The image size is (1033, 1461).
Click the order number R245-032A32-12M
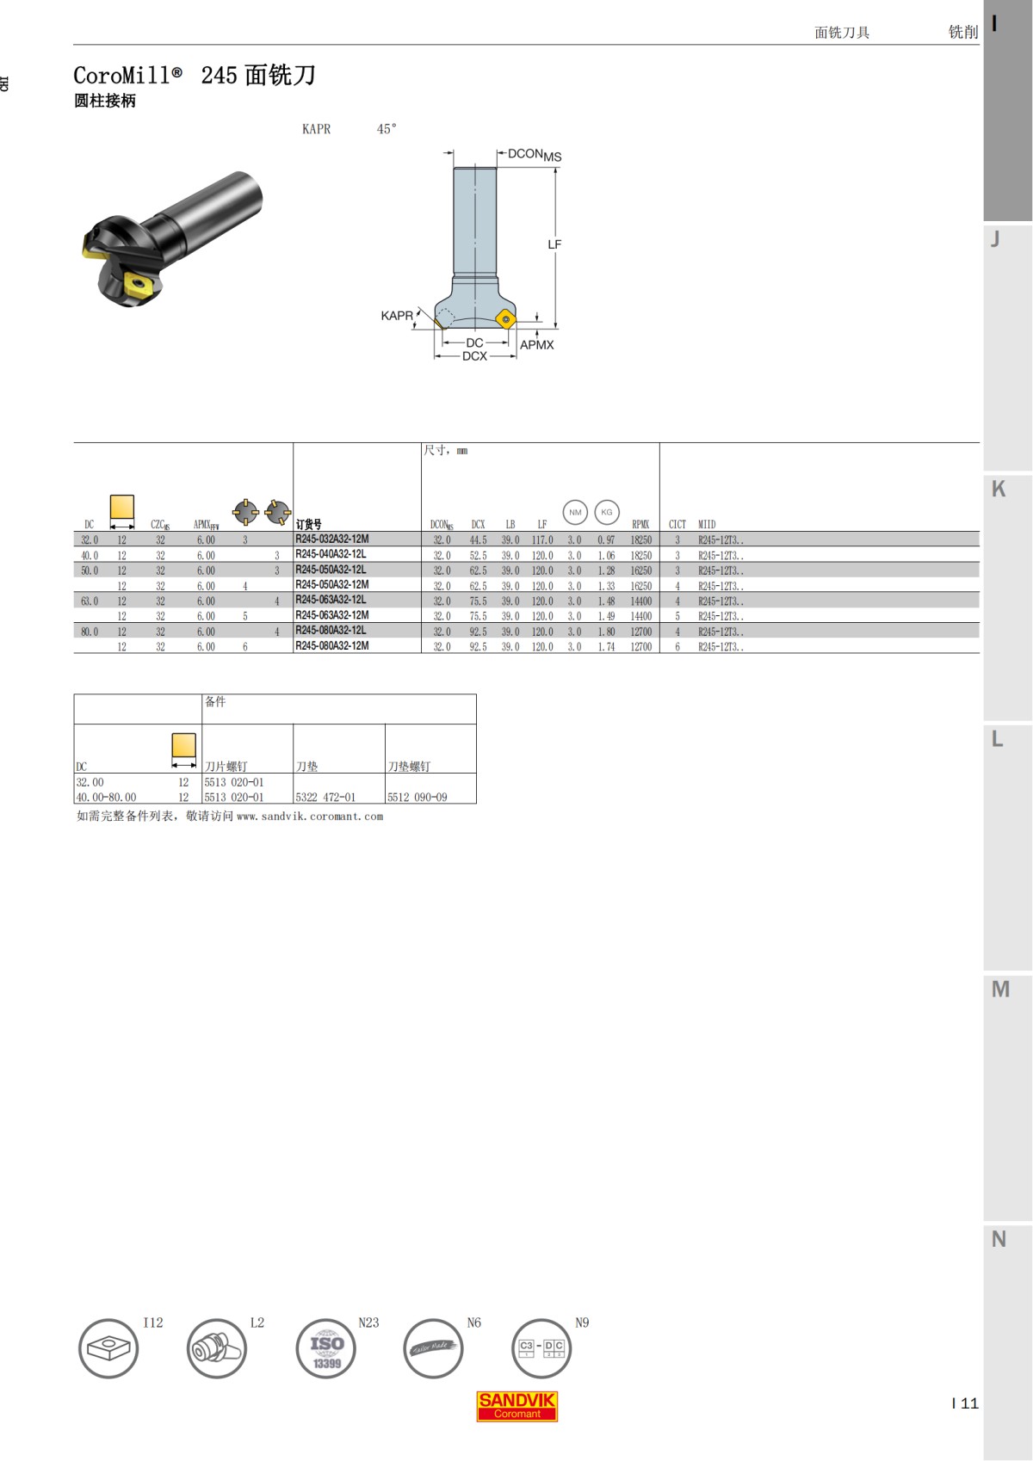[x=331, y=539]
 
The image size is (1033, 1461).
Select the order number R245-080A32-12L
[x=331, y=631]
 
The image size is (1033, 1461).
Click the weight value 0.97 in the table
[x=606, y=540]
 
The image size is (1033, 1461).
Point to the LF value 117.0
[x=542, y=540]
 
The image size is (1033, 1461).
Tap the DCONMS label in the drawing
[x=534, y=155]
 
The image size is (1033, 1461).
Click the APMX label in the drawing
[x=537, y=345]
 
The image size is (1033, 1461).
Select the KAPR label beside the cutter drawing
[x=397, y=316]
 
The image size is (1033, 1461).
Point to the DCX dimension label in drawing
[x=474, y=356]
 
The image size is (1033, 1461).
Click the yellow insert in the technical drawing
[x=506, y=319]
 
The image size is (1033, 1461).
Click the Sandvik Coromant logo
[x=517, y=1406]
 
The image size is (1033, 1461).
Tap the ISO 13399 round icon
[x=326, y=1348]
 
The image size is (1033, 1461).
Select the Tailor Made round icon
[x=433, y=1348]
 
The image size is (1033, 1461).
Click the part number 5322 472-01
[x=325, y=798]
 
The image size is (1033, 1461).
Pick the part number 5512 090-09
[x=418, y=798]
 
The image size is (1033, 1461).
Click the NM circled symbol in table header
[x=575, y=512]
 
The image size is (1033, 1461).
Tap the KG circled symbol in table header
[x=607, y=512]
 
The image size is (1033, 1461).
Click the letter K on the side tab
[x=999, y=489]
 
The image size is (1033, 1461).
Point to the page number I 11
[x=965, y=1403]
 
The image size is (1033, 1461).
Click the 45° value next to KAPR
[x=387, y=129]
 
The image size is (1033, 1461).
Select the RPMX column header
[x=640, y=524]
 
